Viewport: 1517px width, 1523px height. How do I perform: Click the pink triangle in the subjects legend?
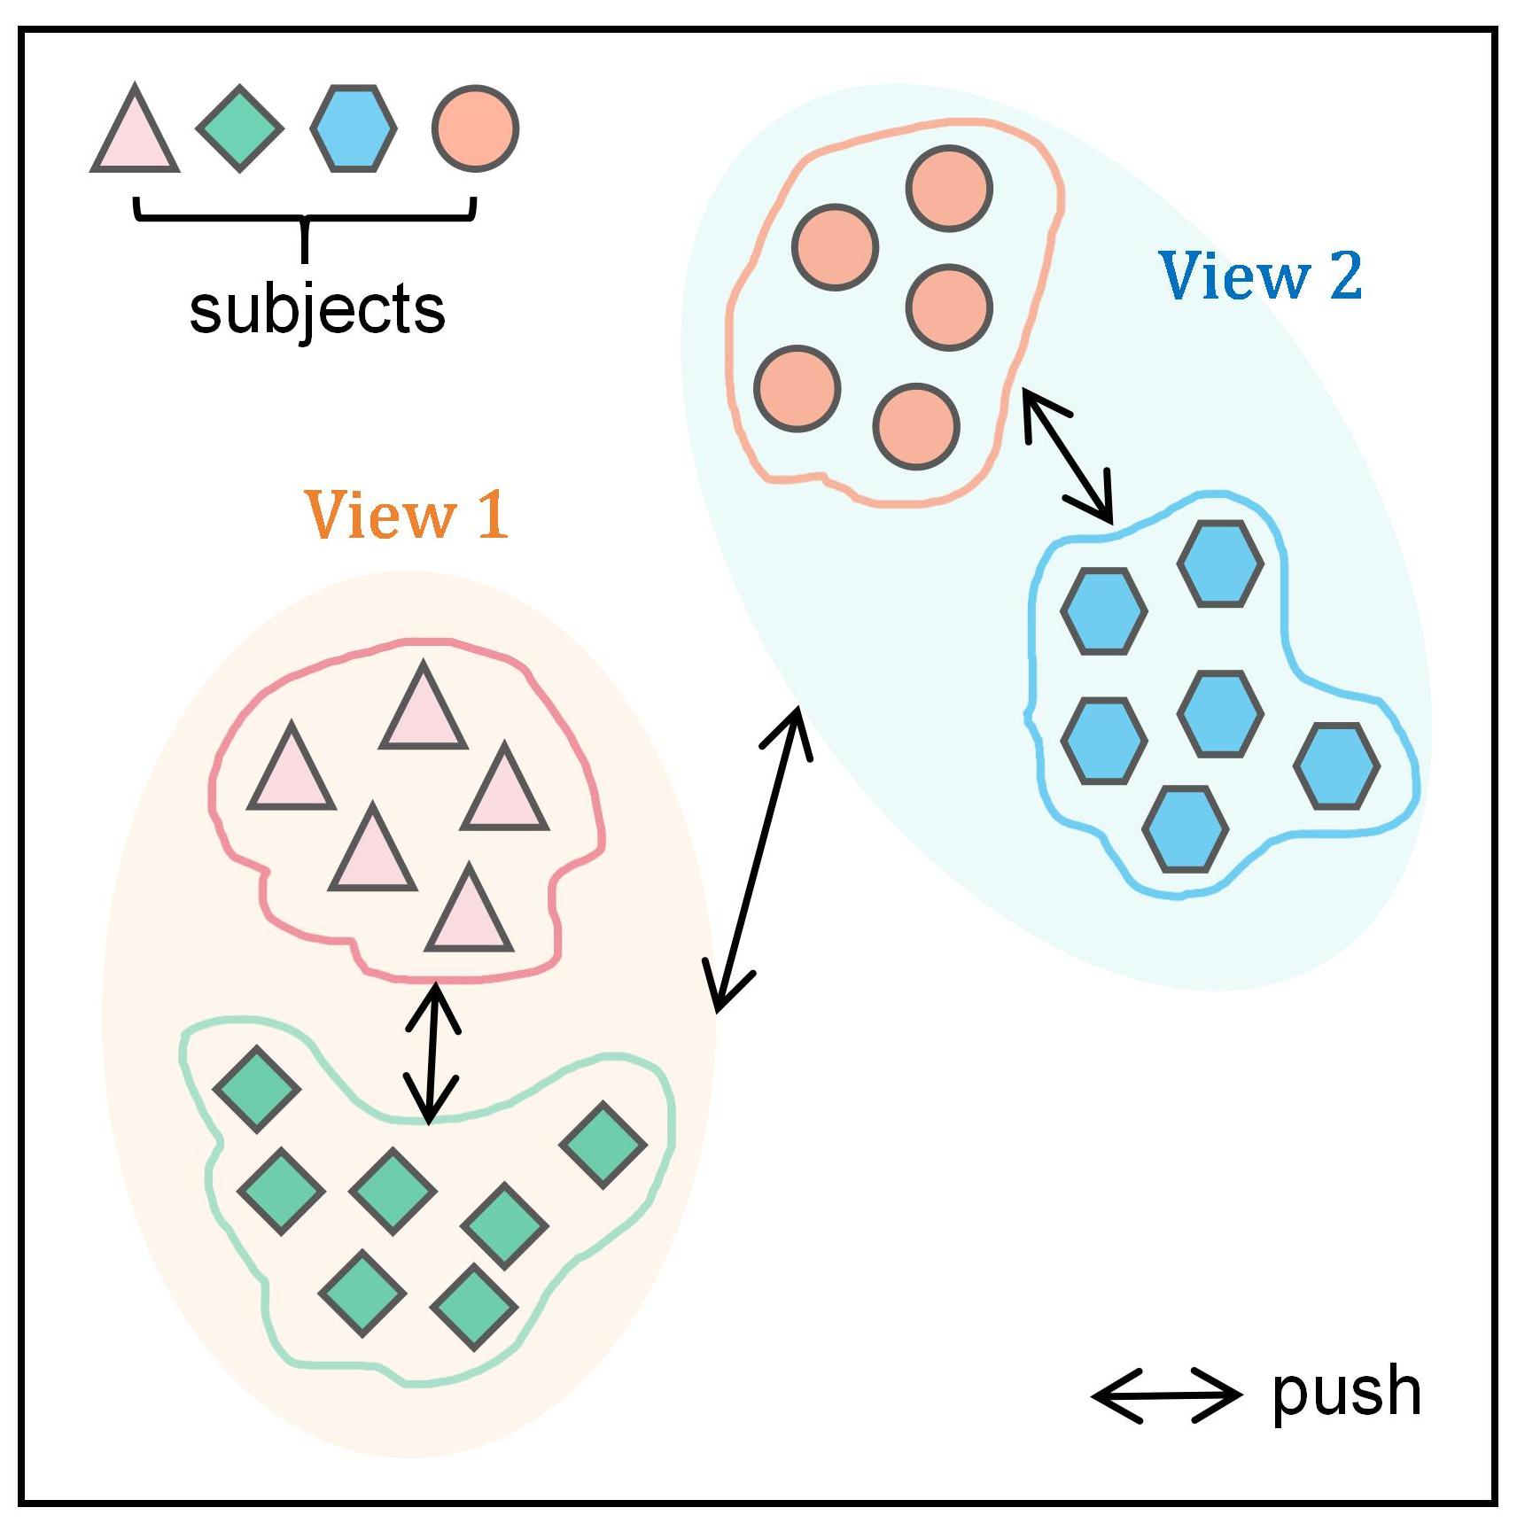point(135,133)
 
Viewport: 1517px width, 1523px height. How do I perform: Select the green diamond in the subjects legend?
point(239,128)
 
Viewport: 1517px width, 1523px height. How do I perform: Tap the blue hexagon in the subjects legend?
point(354,128)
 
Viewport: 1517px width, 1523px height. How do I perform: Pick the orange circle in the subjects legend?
point(475,128)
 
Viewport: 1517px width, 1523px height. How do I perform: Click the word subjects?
point(317,309)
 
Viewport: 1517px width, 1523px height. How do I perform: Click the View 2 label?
point(1260,276)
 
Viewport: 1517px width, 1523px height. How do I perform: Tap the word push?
point(1346,1394)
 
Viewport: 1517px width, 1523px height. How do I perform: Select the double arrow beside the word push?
point(1166,1395)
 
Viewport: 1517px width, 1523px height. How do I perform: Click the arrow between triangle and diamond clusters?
point(432,1053)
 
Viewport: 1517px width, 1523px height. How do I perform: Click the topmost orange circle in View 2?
point(949,188)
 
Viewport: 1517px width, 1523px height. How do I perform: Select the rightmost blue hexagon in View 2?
point(1336,765)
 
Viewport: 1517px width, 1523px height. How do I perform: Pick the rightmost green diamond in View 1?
point(603,1144)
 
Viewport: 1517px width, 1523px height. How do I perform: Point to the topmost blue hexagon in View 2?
point(1220,563)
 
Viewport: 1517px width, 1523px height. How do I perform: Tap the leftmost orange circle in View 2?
point(797,388)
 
